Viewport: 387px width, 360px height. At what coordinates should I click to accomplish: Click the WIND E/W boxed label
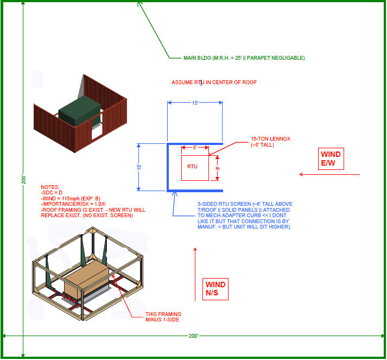[331, 159]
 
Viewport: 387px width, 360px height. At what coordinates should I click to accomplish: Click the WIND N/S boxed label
[215, 288]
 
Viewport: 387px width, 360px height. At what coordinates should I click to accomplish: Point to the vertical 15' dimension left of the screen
[139, 167]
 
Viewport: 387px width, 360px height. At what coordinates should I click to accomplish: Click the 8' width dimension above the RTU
[195, 148]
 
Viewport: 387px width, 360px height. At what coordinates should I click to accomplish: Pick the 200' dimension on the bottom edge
[193, 336]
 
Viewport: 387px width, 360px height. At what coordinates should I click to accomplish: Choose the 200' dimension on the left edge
[23, 179]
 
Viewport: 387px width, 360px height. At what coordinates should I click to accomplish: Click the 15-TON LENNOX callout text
[270, 142]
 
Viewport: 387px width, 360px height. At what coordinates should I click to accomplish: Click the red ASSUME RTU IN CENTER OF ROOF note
[214, 83]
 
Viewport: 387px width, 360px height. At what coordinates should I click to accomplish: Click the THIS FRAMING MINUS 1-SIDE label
[163, 317]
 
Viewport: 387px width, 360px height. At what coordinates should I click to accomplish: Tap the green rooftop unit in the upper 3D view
[79, 111]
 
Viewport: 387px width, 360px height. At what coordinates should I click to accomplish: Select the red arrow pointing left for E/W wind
[329, 174]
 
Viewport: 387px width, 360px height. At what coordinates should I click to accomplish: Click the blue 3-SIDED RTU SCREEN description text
[244, 216]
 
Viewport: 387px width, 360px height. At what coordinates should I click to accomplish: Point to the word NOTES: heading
[50, 187]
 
